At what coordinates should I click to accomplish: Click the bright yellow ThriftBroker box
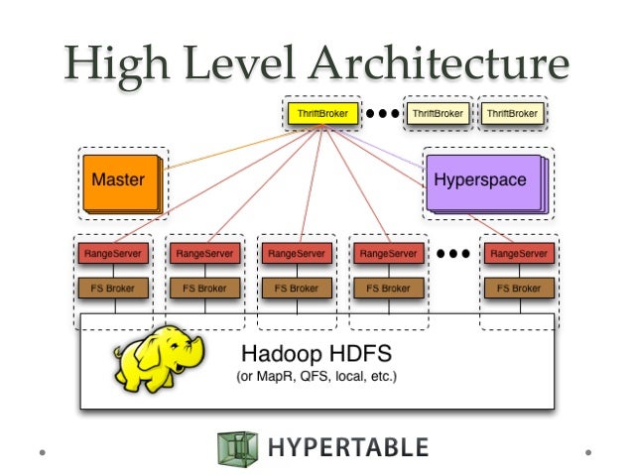click(x=323, y=115)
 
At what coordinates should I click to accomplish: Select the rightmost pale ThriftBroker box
click(x=511, y=115)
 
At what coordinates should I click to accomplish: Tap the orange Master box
click(x=119, y=181)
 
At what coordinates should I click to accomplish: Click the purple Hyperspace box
click(x=480, y=181)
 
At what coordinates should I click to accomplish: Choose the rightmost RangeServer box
click(x=516, y=254)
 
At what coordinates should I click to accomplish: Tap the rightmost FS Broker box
click(x=516, y=289)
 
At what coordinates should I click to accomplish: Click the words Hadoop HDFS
click(x=316, y=353)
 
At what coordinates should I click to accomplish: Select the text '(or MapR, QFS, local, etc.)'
click(x=316, y=377)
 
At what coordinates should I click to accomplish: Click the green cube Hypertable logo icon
click(x=236, y=447)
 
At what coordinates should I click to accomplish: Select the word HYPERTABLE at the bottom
click(x=347, y=447)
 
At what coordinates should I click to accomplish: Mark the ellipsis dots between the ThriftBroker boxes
click(x=382, y=114)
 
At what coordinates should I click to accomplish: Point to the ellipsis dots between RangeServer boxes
click(x=452, y=254)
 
